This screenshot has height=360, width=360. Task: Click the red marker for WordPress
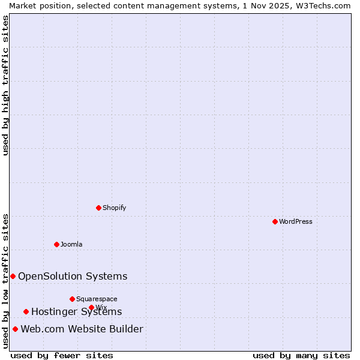pos(275,221)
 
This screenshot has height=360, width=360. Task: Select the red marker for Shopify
pos(98,208)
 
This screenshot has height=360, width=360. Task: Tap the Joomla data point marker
pos(56,244)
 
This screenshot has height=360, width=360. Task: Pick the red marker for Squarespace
pos(72,299)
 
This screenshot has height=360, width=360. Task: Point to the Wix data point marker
pos(91,307)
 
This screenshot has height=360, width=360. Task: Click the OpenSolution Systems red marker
pos(13,276)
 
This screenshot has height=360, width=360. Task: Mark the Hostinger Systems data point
pos(26,311)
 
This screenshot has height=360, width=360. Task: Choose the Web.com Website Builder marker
pos(15,329)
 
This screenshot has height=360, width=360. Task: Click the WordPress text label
pos(296,221)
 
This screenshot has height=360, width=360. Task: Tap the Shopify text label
pos(115,208)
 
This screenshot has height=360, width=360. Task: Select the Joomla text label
pos(71,244)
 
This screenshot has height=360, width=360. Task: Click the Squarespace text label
pos(97,299)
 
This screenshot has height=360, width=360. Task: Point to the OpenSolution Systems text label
pos(73,276)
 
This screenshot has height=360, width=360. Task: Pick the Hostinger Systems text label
pos(76,311)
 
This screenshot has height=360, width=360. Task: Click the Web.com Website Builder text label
pos(82,329)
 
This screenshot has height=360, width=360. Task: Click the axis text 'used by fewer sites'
pos(62,355)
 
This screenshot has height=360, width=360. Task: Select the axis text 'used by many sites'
pos(301,355)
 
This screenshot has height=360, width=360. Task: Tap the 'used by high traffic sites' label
pos(5,85)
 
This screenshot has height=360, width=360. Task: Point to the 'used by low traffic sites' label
pos(5,281)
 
